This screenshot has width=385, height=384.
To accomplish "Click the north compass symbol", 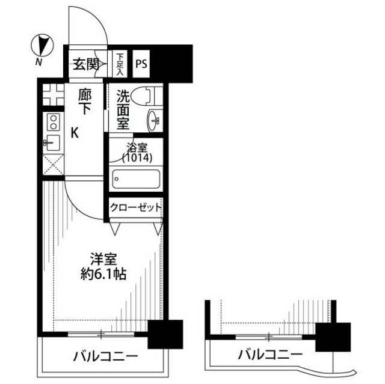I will [42, 45].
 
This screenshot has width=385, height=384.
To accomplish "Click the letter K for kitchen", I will [75, 133].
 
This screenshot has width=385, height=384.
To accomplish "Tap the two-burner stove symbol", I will [53, 123].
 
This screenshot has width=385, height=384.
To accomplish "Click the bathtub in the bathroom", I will [136, 179].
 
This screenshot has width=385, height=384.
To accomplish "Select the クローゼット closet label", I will [135, 208].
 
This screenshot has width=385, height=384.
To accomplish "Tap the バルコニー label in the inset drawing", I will [269, 354].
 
